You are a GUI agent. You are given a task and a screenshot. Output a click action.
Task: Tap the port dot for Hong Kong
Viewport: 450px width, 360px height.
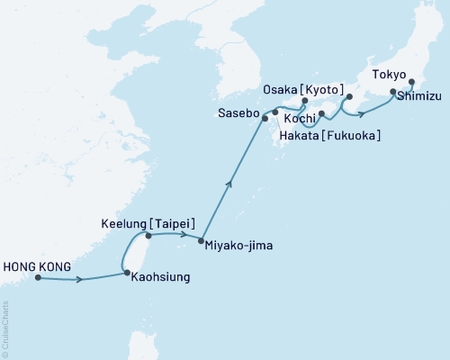(x=38, y=278)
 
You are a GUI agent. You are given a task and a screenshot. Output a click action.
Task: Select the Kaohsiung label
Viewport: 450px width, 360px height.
(x=159, y=279)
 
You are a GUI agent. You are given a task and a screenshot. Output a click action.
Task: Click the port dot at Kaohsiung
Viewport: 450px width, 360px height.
(x=125, y=269)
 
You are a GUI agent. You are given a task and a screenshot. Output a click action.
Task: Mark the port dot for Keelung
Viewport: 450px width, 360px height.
(x=148, y=236)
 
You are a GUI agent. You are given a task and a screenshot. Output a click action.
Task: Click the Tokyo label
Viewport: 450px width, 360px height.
(x=389, y=76)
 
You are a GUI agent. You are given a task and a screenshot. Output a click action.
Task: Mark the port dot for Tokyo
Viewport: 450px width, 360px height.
(x=412, y=84)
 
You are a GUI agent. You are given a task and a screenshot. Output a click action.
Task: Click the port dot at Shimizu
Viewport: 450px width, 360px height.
(x=392, y=92)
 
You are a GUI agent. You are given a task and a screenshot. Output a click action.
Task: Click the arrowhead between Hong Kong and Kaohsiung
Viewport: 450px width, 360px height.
(x=81, y=280)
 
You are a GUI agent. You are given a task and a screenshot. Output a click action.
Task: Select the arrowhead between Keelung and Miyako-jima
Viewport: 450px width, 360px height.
(x=184, y=236)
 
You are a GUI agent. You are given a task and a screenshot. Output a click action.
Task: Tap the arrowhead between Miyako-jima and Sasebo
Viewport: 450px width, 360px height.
(x=229, y=184)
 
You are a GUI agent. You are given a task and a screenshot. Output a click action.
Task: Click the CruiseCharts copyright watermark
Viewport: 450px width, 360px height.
(x=4, y=328)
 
